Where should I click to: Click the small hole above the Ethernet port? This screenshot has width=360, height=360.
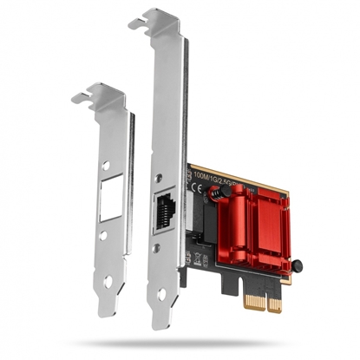(162, 179)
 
